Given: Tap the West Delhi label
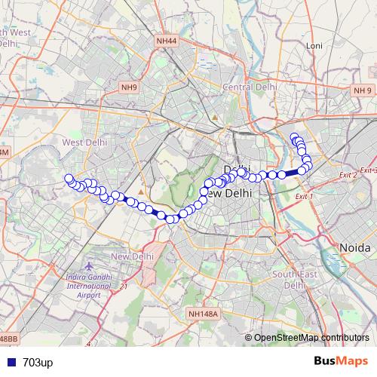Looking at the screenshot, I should point(85,142).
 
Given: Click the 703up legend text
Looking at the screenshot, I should point(38,363).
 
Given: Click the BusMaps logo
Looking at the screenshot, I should point(340,362).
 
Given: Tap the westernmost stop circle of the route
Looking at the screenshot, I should point(69,179).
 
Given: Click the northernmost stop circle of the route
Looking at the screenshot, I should point(295,136).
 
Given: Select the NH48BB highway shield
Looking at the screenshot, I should point(8,341).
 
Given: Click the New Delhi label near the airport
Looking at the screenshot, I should point(132,257).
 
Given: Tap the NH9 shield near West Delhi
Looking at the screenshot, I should point(129,87).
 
